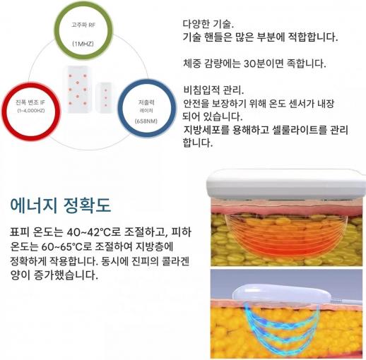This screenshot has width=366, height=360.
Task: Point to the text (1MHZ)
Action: (83, 44)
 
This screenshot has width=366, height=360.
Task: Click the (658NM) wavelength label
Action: (146, 121)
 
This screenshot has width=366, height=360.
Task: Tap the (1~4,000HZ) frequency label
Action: (31, 111)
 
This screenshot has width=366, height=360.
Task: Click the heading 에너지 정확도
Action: (61, 205)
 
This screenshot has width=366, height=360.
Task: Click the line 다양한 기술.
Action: (208, 24)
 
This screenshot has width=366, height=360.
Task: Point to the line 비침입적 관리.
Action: (213, 90)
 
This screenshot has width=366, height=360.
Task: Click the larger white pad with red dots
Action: (77, 90)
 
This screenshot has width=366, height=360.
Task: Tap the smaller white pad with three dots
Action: (105, 97)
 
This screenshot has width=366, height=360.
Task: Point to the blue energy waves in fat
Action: (281, 330)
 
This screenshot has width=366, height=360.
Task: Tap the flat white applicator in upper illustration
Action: (285, 184)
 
